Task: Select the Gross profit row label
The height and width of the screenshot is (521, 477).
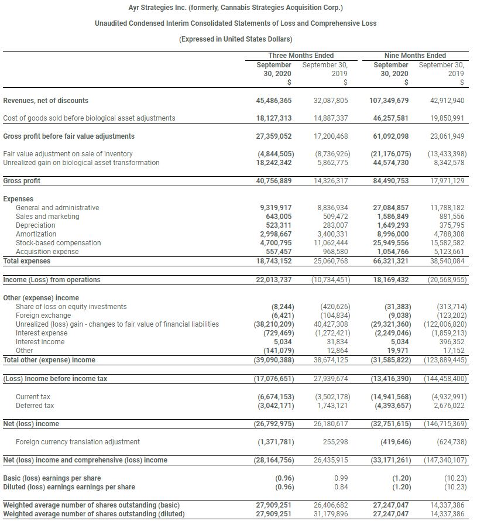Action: pyautogui.click(x=22, y=181)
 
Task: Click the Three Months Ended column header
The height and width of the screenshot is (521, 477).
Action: pyautogui.click(x=301, y=56)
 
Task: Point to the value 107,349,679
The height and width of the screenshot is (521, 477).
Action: pyautogui.click(x=389, y=101)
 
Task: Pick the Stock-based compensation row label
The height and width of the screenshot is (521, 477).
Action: pyautogui.click(x=58, y=243)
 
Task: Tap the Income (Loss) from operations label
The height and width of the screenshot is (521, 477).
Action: pyautogui.click(x=52, y=280)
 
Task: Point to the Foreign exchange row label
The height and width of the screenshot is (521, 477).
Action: pyautogui.click(x=43, y=316)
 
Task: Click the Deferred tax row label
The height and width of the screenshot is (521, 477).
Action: pyautogui.click(x=35, y=406)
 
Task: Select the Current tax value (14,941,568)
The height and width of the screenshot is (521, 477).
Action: pyautogui.click(x=390, y=397)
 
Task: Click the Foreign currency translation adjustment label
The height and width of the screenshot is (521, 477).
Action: pyautogui.click(x=78, y=442)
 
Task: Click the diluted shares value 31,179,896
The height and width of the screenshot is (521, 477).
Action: pyautogui.click(x=331, y=514)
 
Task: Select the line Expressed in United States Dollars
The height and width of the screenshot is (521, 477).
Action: pyautogui.click(x=235, y=39)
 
